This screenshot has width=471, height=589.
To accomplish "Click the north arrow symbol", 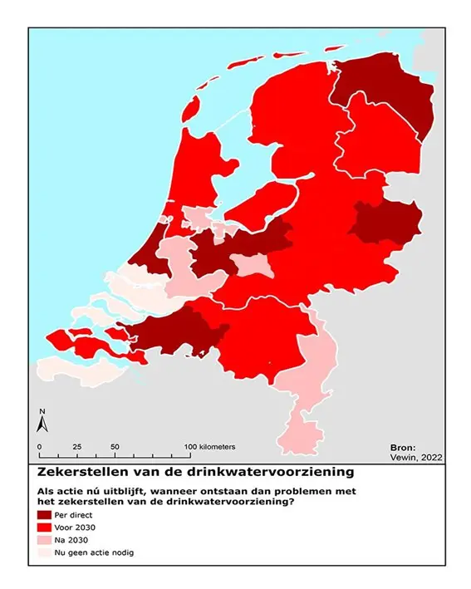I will pyautogui.click(x=42, y=422).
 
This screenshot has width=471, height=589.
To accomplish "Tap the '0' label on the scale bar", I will pyautogui.click(x=39, y=446).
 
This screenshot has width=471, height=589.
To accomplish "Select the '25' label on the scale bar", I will pyautogui.click(x=76, y=446).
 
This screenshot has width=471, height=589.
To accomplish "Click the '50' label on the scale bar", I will pyautogui.click(x=115, y=446).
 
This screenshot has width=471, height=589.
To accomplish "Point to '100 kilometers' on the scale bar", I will pyautogui.click(x=213, y=446).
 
